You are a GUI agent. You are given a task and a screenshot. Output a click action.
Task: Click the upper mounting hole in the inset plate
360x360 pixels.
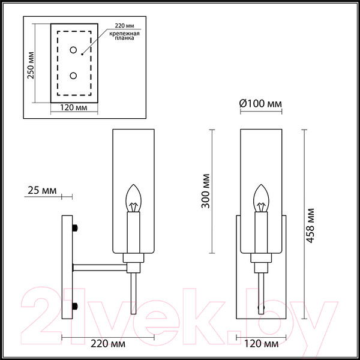[73, 50]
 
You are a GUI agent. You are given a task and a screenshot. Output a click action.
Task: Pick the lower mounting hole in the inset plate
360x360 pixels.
[73, 76]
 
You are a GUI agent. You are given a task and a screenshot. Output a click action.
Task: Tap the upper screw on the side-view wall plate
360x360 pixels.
[75, 228]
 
